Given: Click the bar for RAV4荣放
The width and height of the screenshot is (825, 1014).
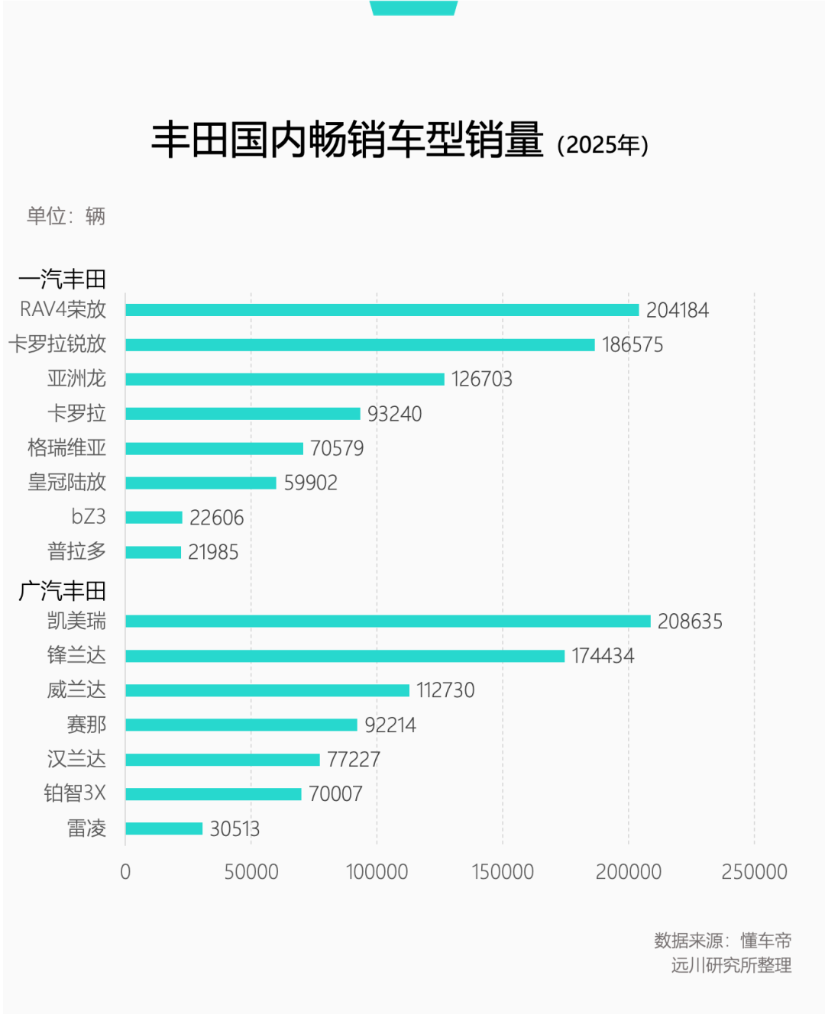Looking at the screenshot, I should click(x=382, y=310).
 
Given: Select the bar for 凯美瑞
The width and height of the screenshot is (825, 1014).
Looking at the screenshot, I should click(x=388, y=622).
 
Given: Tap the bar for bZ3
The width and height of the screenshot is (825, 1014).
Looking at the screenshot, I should click(x=154, y=518).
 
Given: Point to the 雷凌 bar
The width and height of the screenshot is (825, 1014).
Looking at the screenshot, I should click(x=164, y=828).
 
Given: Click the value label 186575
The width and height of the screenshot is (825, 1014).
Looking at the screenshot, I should click(x=632, y=345).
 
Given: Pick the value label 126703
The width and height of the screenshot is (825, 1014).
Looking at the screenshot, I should click(x=481, y=379).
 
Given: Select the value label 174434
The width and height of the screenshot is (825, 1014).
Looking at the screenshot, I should click(x=603, y=656).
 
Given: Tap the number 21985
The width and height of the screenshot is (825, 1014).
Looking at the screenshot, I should click(x=213, y=552).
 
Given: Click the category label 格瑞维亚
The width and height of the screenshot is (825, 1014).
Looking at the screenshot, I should click(x=66, y=448).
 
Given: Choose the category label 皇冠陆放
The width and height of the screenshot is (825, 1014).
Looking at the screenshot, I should click(x=66, y=483).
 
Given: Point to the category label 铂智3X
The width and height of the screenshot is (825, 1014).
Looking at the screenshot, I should click(x=74, y=794).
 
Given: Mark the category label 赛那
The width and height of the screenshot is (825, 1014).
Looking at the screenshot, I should click(x=86, y=725).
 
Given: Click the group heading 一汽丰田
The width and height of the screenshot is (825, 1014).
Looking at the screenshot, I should click(x=62, y=279).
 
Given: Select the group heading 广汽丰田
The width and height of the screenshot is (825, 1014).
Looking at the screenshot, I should click(x=62, y=591).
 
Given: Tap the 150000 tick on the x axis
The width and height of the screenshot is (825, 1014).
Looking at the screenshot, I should click(x=503, y=872).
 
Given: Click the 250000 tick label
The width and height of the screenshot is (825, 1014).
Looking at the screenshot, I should click(x=754, y=872).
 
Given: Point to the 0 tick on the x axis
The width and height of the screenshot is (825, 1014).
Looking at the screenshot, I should click(x=125, y=872).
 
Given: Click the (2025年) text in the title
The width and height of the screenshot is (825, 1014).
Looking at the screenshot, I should click(x=603, y=145).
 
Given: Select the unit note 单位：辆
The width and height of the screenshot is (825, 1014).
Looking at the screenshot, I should click(x=66, y=217).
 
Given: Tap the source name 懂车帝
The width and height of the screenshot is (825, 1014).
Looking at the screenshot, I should click(x=765, y=941).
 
